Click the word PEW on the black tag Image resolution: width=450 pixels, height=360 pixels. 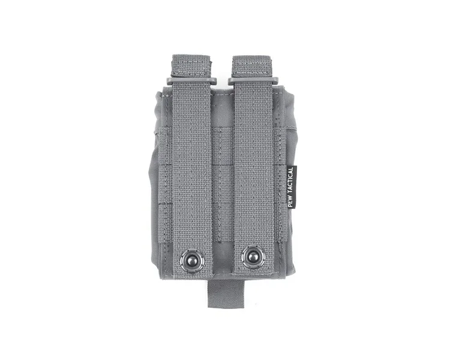coord(290,202)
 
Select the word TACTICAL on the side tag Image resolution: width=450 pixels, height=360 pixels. coord(290,181)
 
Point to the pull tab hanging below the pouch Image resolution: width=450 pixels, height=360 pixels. coord(217,293)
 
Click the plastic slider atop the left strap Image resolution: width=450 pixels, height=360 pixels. coord(192,80)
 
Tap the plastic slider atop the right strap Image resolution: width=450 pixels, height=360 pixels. coord(254,80)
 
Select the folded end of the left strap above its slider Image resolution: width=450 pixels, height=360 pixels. coord(192,66)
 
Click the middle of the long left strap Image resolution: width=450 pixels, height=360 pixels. coord(192,169)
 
